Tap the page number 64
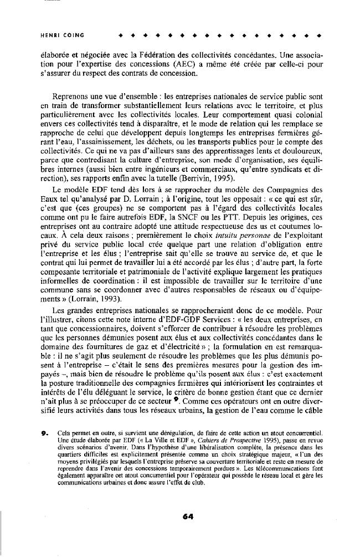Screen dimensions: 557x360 tap(187, 516)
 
